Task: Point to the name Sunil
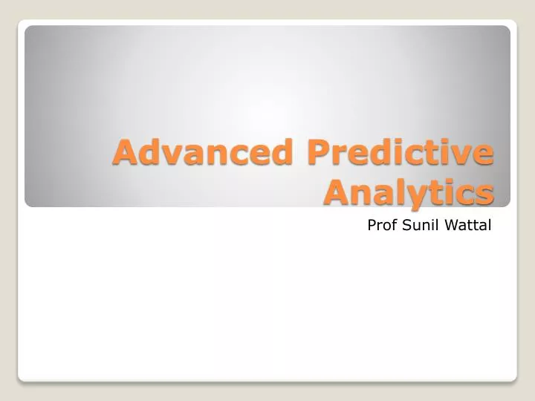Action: point(421,225)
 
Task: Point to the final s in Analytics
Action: point(484,194)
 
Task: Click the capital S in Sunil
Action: point(406,225)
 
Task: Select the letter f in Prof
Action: point(395,225)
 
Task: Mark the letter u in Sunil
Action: point(415,226)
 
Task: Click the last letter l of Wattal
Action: point(490,225)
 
